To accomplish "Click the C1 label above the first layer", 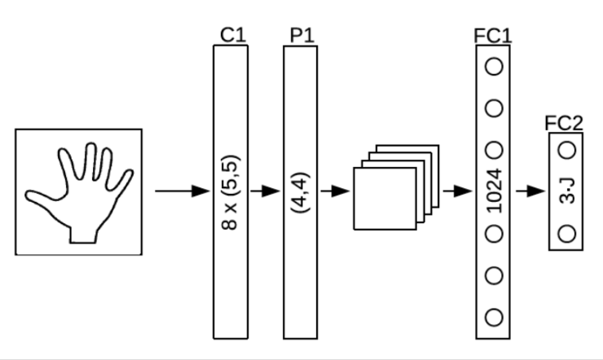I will coord(232,35).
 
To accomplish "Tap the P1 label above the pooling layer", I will coord(301,35).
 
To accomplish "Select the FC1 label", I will coord(492,35).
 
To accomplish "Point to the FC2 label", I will coord(564,123).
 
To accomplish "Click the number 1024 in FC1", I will coord(493,192).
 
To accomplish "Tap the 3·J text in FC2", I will coord(567,192).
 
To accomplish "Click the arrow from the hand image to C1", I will coord(182,192).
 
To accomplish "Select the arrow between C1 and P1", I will coord(266,192).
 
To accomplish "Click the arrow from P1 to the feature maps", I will coord(335,192).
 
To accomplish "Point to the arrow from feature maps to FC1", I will coord(458,192).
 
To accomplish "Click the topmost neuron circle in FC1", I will coord(493,67).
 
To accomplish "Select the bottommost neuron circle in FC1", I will coord(493,316).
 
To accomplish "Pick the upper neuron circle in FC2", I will coord(567,150).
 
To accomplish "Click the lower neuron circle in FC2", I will coord(567,235).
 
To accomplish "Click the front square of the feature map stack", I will coord(383,198).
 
